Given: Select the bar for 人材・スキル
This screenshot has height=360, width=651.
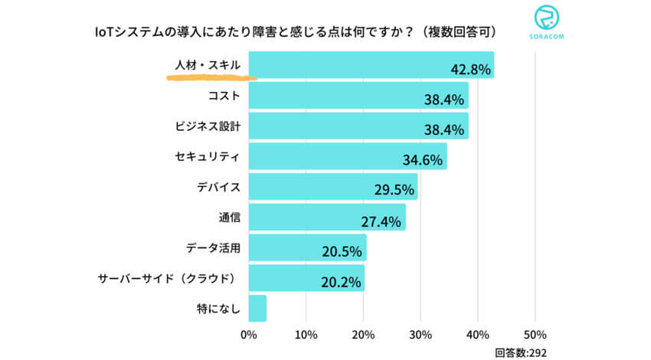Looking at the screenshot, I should pos(371,64).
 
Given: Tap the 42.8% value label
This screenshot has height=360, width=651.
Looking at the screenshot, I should pos(470,70).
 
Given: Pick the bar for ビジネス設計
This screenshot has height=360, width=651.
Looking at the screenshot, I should pos(358,126).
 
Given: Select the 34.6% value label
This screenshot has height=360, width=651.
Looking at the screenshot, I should pos(423,161).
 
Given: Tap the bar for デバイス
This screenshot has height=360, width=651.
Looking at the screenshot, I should pos(332,186).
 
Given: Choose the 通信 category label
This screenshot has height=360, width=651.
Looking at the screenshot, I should pos(230,218).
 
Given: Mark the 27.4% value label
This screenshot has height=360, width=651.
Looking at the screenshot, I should pos(381,222).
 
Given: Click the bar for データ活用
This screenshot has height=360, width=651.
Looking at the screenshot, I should pos(306,247).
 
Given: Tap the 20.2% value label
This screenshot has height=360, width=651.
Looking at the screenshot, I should pos(341,283).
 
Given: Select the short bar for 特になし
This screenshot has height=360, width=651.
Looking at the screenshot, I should pos(257,308).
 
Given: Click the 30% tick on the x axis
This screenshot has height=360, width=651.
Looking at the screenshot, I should pos(420,335).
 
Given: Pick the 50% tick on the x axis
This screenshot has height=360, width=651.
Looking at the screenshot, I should pos(535,335).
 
